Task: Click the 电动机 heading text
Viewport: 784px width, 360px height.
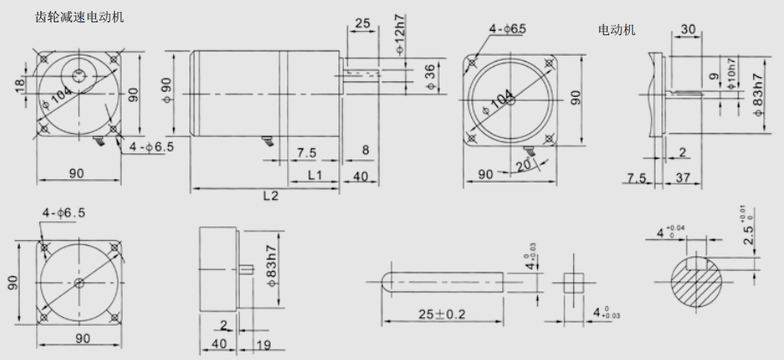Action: (617, 30)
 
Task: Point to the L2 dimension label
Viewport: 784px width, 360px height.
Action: (271, 195)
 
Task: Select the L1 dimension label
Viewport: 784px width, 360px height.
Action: (314, 175)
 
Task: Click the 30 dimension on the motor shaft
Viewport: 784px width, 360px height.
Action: (686, 29)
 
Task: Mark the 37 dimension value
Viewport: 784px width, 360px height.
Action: (684, 178)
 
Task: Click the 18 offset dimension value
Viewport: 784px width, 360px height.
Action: (19, 85)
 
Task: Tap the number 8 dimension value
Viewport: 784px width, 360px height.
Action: (365, 151)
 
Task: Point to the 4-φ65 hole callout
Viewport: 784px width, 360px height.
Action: (508, 30)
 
